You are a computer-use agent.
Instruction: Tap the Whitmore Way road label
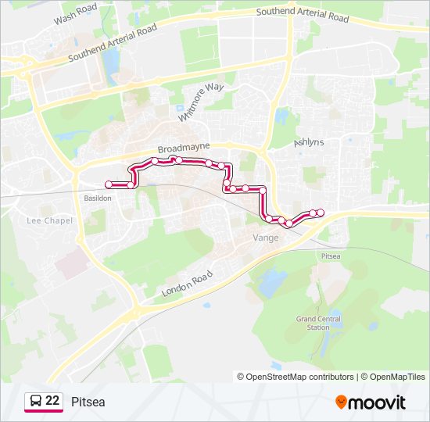pos(197,101)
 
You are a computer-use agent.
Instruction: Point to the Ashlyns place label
pos(308,143)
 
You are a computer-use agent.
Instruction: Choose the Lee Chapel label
pos(49,220)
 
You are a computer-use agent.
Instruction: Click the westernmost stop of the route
pos(108,184)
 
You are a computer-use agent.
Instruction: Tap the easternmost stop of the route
pos(321,213)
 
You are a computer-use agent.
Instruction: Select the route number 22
pos(53,401)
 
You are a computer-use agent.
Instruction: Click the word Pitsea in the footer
pos(88,402)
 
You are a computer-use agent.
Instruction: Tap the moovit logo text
pos(378,402)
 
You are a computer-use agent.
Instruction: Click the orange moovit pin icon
pos(342,402)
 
